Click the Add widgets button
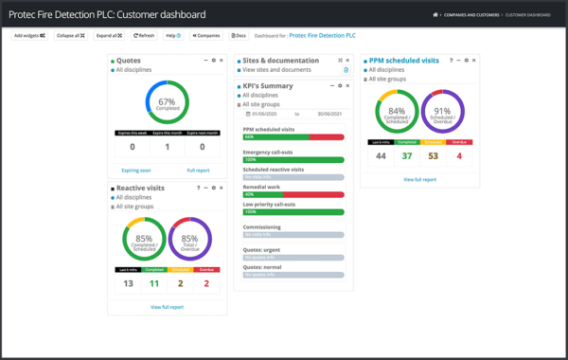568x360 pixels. [29, 35]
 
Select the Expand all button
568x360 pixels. [107, 35]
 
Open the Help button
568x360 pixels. [173, 35]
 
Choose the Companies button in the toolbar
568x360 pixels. [205, 35]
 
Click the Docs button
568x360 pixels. [239, 35]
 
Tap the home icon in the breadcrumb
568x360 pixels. [435, 13]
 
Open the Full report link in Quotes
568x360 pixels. [198, 170]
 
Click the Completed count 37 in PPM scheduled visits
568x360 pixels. [406, 156]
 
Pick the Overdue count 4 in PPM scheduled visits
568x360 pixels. [459, 156]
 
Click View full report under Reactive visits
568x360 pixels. [168, 307]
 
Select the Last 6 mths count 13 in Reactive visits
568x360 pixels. [129, 283]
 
